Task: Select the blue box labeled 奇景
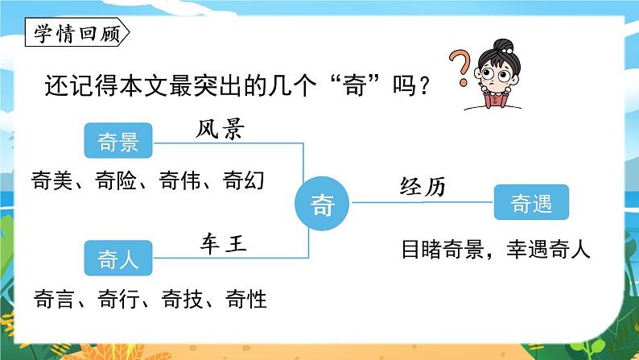[x=117, y=143]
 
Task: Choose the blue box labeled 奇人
[x=117, y=258]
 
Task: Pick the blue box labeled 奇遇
[x=531, y=205]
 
